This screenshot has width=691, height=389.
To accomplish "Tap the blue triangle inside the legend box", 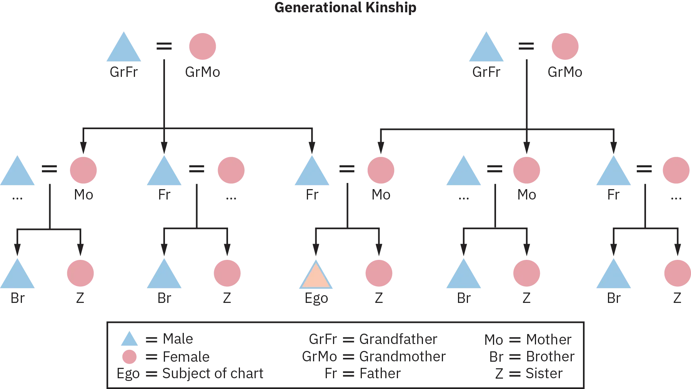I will pyautogui.click(x=129, y=339).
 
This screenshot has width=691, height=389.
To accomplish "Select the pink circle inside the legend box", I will pyautogui.click(x=129, y=357).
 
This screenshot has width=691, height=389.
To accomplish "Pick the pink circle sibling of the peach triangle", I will pyautogui.click(x=378, y=273).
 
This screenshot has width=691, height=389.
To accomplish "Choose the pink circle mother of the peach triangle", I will pyautogui.click(x=381, y=170).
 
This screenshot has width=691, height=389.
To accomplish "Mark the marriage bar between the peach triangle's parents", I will pyautogui.click(x=347, y=169).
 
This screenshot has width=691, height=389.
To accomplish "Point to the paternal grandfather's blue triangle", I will pyautogui.click(x=123, y=48).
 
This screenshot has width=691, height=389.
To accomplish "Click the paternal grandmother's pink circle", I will pyautogui.click(x=203, y=46).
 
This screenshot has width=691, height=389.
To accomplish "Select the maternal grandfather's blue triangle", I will pyautogui.click(x=486, y=48).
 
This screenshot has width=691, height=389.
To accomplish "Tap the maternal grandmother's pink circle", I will pyautogui.click(x=565, y=46).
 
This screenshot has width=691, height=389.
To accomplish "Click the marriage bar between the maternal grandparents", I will pyautogui.click(x=526, y=46).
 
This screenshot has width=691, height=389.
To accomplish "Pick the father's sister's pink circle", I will pyautogui.click(x=83, y=170).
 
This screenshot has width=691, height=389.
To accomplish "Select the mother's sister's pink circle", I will pyautogui.click(x=527, y=170).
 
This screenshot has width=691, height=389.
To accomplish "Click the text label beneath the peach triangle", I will pyautogui.click(x=316, y=299).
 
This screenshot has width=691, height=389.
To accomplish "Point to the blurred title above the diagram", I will pyautogui.click(x=346, y=7).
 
